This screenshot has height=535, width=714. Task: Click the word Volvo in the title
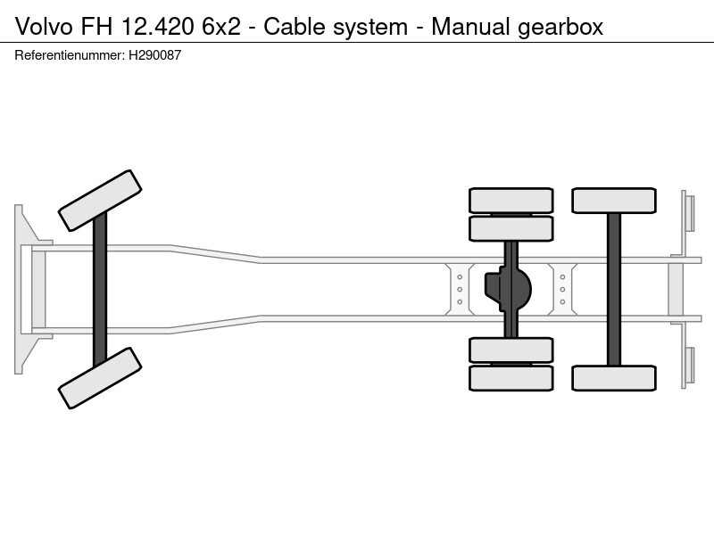tap(42, 27)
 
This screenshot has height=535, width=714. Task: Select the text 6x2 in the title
tap(220, 27)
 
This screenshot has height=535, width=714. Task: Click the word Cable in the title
tap(294, 27)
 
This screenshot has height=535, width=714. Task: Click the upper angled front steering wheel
tap(100, 201)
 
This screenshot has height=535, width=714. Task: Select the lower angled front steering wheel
tap(100, 377)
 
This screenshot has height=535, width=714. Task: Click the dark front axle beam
tap(100, 289)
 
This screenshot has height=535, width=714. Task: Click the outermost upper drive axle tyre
tap(511, 200)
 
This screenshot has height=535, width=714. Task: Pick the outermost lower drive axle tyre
tap(511, 378)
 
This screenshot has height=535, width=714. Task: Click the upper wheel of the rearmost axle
tap(614, 200)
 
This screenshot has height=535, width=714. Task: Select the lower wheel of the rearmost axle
tap(614, 378)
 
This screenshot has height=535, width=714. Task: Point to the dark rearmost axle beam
tap(614, 289)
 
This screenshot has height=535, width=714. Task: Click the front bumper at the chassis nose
tap(21, 289)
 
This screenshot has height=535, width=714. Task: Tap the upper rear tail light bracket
tap(688, 214)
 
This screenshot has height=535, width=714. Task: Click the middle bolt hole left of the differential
tap(460, 289)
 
